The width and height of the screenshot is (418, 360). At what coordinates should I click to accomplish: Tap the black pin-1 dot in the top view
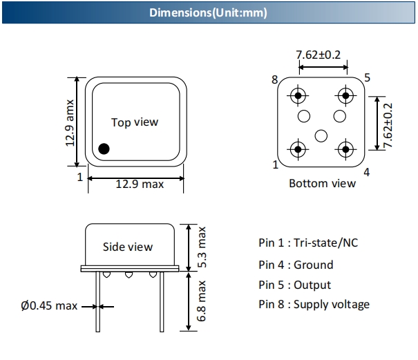click(x=104, y=148)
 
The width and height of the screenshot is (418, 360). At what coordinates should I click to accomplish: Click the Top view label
click(x=135, y=122)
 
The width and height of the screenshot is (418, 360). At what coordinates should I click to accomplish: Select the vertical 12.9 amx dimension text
click(x=70, y=122)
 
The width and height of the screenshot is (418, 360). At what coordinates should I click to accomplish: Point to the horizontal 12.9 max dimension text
click(x=140, y=184)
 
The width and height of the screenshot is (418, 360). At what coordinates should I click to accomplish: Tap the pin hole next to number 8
click(x=298, y=95)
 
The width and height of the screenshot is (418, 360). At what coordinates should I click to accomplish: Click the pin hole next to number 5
click(x=345, y=95)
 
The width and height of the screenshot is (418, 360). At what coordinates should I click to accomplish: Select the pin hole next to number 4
click(x=345, y=148)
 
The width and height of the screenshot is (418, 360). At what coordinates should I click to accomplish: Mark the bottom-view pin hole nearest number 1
click(x=298, y=148)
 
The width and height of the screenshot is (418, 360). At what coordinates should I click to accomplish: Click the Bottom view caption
click(x=322, y=183)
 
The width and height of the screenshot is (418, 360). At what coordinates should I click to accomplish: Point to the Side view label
click(x=128, y=247)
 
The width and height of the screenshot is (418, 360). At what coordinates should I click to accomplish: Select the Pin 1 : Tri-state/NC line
click(x=308, y=243)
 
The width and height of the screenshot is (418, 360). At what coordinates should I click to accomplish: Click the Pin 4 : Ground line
click(x=296, y=265)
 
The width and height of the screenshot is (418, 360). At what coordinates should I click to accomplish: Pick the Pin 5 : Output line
click(x=294, y=285)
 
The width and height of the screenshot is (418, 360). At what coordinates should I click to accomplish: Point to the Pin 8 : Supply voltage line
click(x=314, y=304)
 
